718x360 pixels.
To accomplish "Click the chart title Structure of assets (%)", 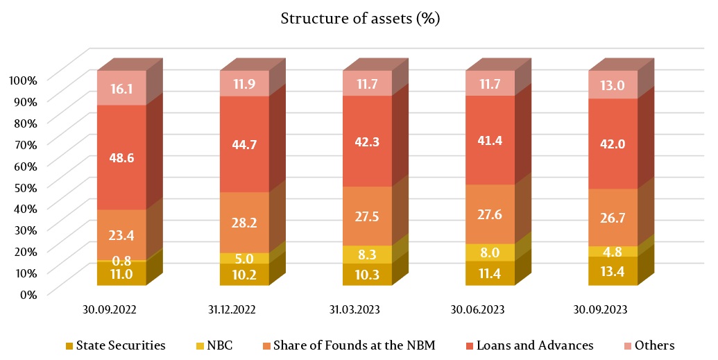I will tap(360, 19).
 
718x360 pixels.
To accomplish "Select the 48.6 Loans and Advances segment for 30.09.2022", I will tap(121, 157).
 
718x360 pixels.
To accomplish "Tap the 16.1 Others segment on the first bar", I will tap(121, 87).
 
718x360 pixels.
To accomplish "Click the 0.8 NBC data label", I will tap(121, 262).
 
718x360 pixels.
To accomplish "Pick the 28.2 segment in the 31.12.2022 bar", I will tap(244, 223).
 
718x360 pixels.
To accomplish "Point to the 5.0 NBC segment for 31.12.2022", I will tap(244, 258).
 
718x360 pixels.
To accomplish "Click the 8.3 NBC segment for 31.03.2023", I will tap(367, 255).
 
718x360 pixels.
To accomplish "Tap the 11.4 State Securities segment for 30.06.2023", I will tap(490, 273).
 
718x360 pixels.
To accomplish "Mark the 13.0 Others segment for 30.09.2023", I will tap(613, 85).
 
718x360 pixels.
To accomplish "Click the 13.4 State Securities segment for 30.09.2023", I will tap(613, 271).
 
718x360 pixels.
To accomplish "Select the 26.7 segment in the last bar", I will tap(613, 218).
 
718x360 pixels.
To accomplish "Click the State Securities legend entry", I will tap(116, 345).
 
